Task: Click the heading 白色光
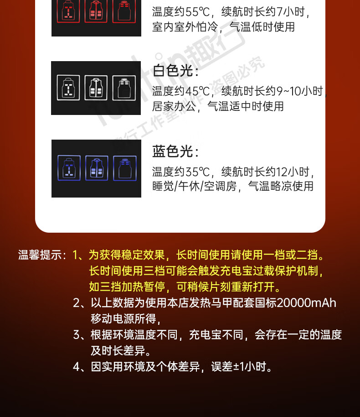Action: coord(173,71)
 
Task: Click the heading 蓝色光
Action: coord(173,151)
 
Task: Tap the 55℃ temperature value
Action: coord(197,12)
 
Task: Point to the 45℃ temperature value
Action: coord(197,91)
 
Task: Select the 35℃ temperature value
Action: coord(197,172)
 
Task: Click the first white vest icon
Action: coord(68,88)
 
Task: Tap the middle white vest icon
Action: coord(96,88)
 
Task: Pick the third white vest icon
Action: coord(124,88)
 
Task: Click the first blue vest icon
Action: coord(69,168)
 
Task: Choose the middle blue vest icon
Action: coord(97,168)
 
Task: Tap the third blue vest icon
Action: coord(125,168)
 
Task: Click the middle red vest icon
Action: coord(96,11)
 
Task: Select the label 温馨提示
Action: coord(40,255)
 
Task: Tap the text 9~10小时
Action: coord(300,91)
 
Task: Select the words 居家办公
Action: coord(174,106)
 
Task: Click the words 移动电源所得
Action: coord(123,319)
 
